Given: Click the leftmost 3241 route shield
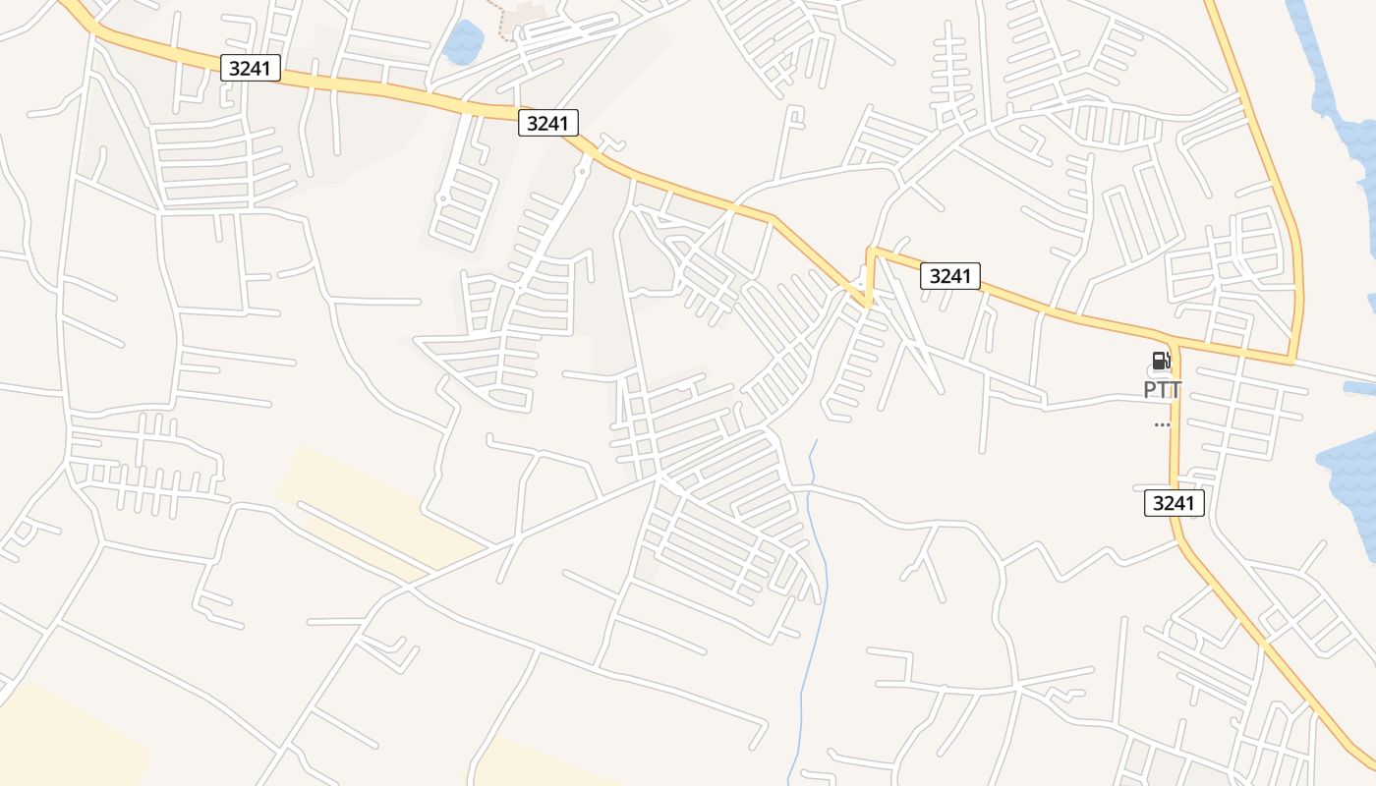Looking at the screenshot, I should coord(251,68).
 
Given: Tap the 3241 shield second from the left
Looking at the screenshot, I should coord(548,123).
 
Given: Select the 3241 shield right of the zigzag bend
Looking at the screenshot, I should coord(950,276).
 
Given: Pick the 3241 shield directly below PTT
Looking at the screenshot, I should coord(1175,503).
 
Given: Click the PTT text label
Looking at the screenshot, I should coord(1162,390).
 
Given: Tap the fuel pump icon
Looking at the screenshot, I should coord(1161,361).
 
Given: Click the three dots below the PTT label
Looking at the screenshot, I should coord(1162,424).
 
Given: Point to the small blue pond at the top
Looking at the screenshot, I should coord(463,42).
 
